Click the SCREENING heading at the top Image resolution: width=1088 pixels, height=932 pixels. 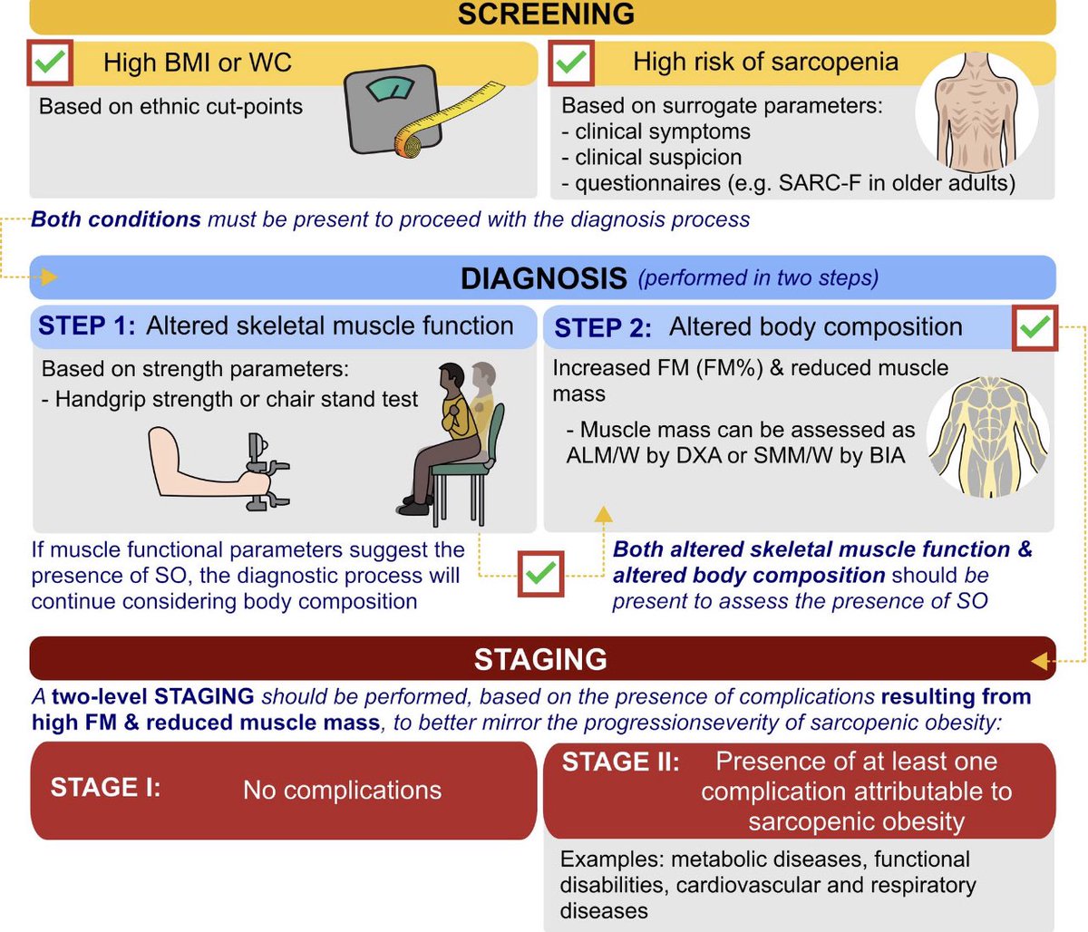545,15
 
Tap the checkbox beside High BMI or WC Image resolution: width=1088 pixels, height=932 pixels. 52,63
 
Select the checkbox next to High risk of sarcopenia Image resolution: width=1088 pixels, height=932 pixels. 571,63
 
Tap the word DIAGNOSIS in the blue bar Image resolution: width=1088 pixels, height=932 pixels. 543,278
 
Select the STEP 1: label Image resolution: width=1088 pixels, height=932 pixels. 86,326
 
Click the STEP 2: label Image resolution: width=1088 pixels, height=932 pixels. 602,328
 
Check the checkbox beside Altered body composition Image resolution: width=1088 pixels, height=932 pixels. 1035,328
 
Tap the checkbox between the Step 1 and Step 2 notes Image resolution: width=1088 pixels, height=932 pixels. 541,574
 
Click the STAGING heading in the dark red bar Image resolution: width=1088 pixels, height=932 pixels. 540,659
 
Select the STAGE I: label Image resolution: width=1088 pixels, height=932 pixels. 105,787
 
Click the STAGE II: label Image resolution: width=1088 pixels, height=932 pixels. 620,762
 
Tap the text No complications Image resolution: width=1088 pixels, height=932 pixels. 342,790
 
